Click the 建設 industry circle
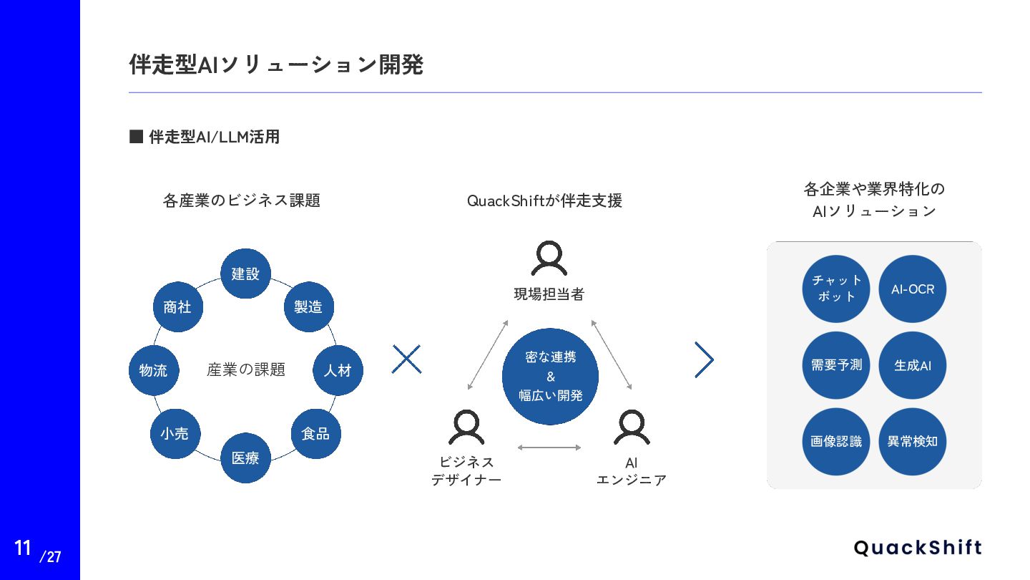(245, 274)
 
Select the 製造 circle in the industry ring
(308, 306)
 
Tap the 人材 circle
(338, 370)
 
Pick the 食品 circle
(315, 433)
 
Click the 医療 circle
(245, 458)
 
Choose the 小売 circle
(175, 433)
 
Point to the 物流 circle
(153, 370)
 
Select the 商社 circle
(177, 306)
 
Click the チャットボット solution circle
(835, 289)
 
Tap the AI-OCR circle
(913, 289)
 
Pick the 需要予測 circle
(835, 365)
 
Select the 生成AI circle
(913, 365)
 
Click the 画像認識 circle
(835, 442)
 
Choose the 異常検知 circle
(913, 442)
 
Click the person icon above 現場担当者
(549, 258)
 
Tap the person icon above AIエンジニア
(632, 427)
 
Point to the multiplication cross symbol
(406, 359)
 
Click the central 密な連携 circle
(550, 376)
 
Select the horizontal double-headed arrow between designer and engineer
(549, 448)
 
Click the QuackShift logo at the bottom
(918, 548)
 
